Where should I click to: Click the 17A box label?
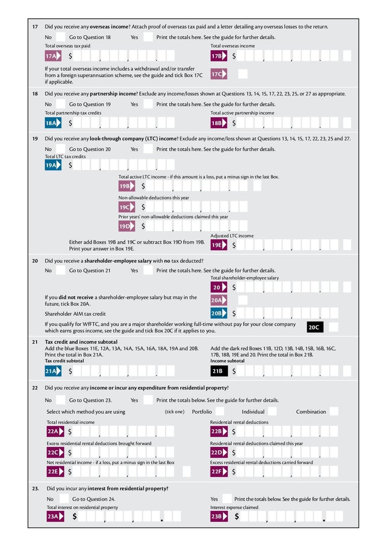click(53, 56)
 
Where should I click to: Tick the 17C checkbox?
click(243, 74)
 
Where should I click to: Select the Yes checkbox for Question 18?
click(148, 104)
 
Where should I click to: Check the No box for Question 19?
click(60, 149)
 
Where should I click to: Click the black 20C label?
click(314, 327)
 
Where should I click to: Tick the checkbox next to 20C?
click(333, 327)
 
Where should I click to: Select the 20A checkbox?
click(243, 300)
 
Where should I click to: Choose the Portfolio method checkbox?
click(220, 412)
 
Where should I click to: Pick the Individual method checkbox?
click(272, 412)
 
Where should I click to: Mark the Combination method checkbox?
click(333, 412)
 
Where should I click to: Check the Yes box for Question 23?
click(227, 499)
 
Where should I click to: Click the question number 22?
click(35, 388)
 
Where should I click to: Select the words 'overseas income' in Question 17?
click(109, 27)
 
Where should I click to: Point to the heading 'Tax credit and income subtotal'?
click(81, 342)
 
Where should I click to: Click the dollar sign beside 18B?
click(234, 123)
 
